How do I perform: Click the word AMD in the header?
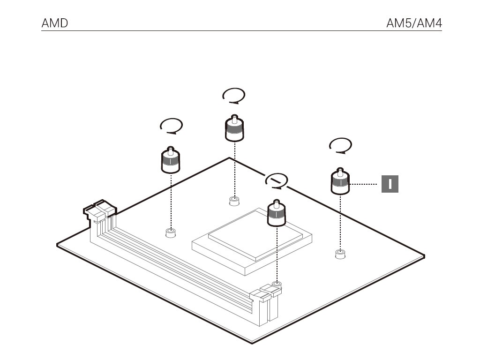tap(55, 23)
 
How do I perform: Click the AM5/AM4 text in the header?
tap(414, 23)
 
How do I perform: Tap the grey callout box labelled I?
tap(390, 184)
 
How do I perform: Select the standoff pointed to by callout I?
tap(341, 182)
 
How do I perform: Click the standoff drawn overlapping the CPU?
tap(277, 214)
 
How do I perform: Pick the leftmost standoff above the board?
tap(171, 160)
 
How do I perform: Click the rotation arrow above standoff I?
tap(341, 145)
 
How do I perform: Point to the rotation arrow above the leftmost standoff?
tap(171, 126)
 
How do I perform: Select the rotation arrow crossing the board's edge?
tap(277, 180)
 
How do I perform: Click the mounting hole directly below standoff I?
tap(340, 254)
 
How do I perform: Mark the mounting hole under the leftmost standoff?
tap(171, 232)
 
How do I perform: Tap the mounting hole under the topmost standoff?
tap(234, 201)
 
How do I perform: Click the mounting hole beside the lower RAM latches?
tap(277, 284)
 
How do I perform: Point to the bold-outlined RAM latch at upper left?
tap(99, 209)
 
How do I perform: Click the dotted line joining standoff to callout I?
tap(364, 184)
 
